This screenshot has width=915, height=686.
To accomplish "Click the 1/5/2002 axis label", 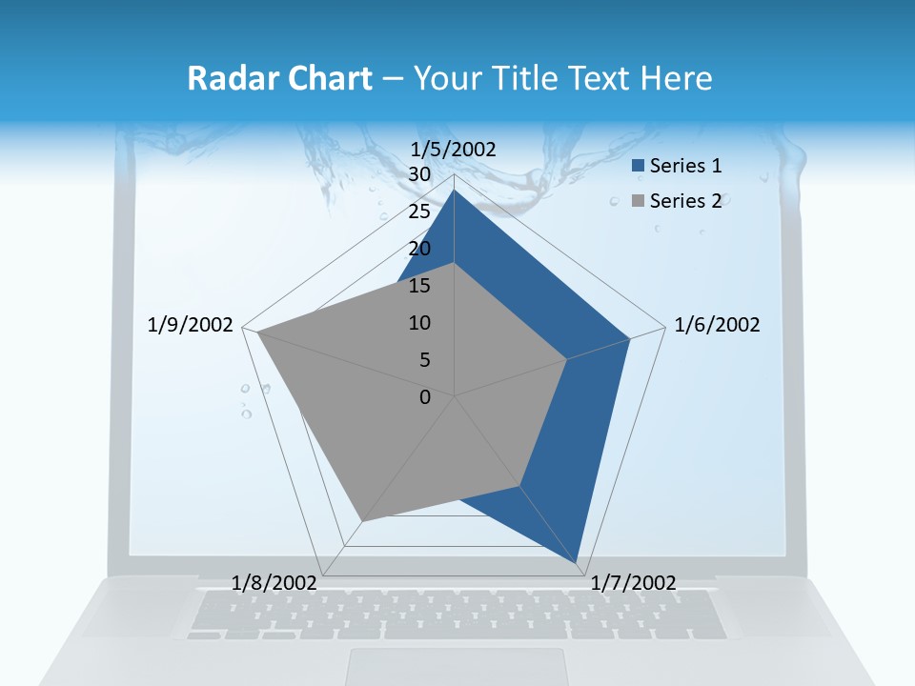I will [454, 149].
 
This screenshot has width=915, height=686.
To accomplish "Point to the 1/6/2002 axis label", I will [717, 325].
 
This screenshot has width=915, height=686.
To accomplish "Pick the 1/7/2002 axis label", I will [634, 582].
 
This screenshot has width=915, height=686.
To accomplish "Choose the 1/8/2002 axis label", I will [274, 582].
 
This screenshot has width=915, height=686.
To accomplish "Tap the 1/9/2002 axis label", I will [191, 325].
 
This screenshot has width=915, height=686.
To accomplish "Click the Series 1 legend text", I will [685, 166].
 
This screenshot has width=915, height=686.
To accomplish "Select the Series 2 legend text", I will [685, 201].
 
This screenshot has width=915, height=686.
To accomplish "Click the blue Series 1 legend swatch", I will [638, 167].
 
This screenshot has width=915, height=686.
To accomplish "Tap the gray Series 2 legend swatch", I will [638, 201].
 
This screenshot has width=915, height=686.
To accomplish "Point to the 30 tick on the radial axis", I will [419, 174].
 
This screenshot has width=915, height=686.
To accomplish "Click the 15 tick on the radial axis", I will [419, 285].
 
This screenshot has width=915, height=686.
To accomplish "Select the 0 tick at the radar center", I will [425, 396].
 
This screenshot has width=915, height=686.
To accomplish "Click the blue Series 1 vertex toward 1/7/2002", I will [577, 562].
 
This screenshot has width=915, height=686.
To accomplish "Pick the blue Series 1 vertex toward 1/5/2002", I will [455, 191].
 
